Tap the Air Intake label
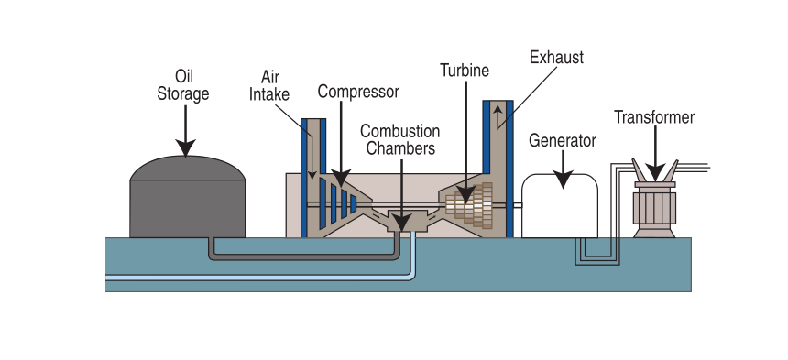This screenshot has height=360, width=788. pyautogui.click(x=275, y=85)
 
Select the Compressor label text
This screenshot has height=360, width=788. pyautogui.click(x=358, y=91)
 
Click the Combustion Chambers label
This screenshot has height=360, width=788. pyautogui.click(x=399, y=139)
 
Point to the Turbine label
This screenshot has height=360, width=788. pyautogui.click(x=465, y=70)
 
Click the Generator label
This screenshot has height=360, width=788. pyautogui.click(x=563, y=140)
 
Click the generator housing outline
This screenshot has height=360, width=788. pyautogui.click(x=559, y=206)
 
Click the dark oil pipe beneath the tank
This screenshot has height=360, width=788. pyautogui.click(x=302, y=256)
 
